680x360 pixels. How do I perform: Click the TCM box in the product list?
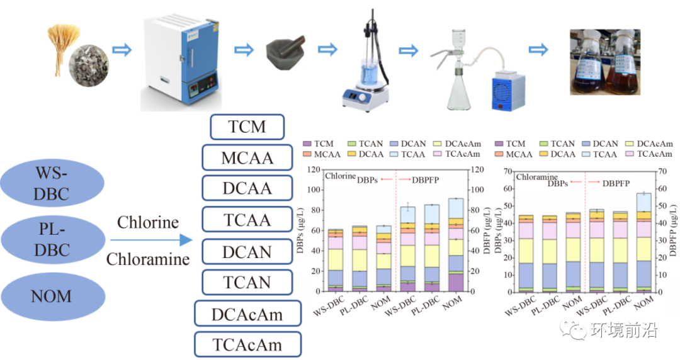point(247,127)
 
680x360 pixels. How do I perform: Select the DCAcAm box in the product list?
point(247,313)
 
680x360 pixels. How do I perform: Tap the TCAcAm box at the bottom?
point(247,344)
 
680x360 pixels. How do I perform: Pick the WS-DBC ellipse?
point(52,183)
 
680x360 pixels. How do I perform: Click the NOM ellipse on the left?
point(52,296)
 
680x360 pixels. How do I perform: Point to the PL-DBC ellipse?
point(53,239)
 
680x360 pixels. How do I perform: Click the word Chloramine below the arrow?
point(148,259)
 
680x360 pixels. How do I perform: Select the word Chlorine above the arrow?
point(148,223)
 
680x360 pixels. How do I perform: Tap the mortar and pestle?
point(285,52)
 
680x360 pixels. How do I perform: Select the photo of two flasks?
point(605,62)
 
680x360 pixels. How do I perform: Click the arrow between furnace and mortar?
point(244,50)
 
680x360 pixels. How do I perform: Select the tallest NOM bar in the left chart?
point(453,245)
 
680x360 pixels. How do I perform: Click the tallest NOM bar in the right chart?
point(643,242)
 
